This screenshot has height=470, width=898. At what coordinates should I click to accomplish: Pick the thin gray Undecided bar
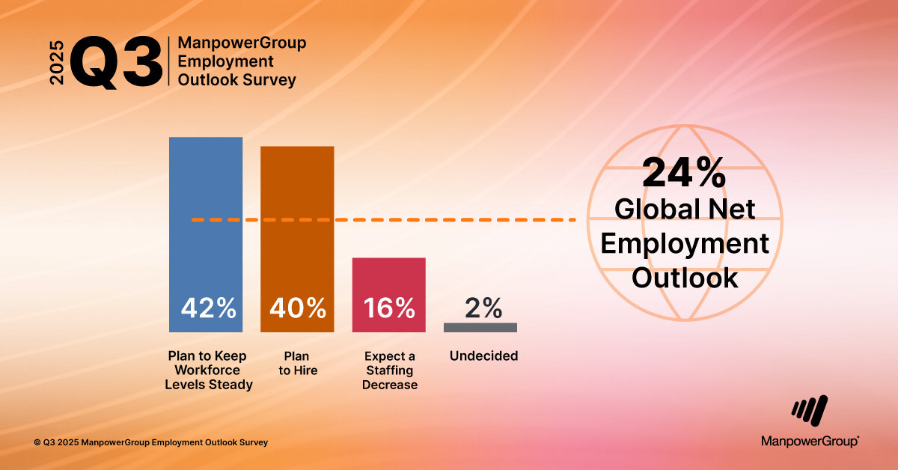480,327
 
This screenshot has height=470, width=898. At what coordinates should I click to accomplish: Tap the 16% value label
389,308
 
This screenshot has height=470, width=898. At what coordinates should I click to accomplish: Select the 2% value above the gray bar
483,307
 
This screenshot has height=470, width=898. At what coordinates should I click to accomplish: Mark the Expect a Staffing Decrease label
390,370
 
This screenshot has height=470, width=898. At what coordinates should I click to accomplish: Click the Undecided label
483,356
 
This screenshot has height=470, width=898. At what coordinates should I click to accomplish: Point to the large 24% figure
683,174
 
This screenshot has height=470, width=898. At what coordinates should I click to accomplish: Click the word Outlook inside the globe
685,278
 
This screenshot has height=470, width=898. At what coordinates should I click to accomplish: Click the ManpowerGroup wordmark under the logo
810,442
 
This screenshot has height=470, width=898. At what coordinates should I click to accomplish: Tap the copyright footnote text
150,443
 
